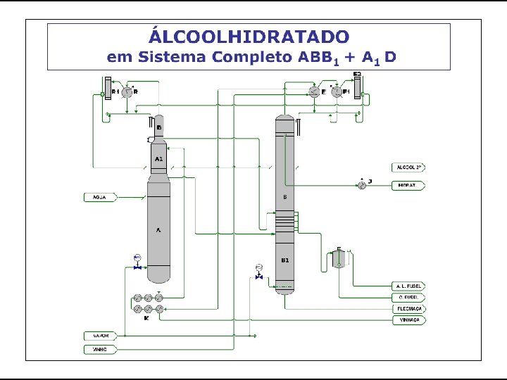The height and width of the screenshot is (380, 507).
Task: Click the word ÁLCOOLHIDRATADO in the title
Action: pyautogui.click(x=249, y=36)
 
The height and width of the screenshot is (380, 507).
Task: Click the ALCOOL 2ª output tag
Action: pyautogui.click(x=409, y=167)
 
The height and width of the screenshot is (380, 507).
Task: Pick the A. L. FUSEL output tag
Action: pyautogui.click(x=409, y=286)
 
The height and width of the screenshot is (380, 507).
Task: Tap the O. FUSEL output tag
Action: pyautogui.click(x=409, y=298)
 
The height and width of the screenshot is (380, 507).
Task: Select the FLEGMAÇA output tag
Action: pyautogui.click(x=409, y=308)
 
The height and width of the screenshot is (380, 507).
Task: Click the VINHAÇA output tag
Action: pyautogui.click(x=409, y=319)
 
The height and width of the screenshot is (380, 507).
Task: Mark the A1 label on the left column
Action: pyautogui.click(x=159, y=160)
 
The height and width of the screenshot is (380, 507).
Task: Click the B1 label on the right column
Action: pyautogui.click(x=285, y=260)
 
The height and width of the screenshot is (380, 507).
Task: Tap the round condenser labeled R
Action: pyautogui.click(x=127, y=92)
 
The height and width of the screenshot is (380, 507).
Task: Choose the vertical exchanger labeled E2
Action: pyautogui.click(x=357, y=87)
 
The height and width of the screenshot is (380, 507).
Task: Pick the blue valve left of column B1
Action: pyautogui.click(x=259, y=277)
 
